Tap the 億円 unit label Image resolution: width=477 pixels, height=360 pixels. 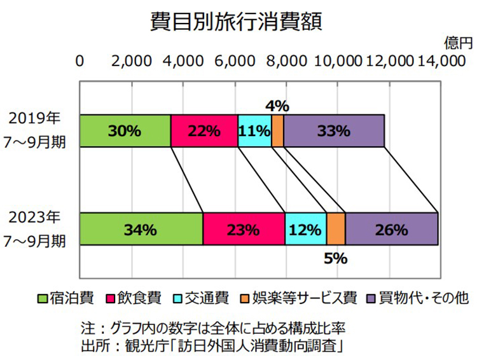(x=459, y=43)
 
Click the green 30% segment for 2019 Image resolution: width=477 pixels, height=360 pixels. (x=125, y=131)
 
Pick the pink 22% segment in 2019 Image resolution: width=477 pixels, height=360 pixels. (x=204, y=131)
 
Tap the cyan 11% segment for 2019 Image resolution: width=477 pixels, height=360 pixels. (x=254, y=131)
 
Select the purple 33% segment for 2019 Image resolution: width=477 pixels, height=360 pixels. (x=334, y=131)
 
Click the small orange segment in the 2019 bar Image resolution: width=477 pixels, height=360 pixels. (x=277, y=131)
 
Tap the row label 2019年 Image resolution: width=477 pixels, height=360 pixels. (x=35, y=119)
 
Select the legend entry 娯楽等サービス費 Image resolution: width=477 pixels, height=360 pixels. (x=300, y=298)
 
